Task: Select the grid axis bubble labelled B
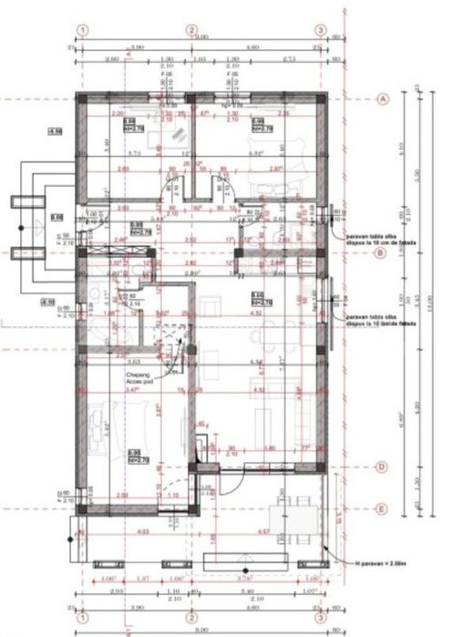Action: (x=383, y=254)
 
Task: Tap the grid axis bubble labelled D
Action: (x=383, y=468)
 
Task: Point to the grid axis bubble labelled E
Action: (x=383, y=509)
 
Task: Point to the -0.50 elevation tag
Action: (x=45, y=302)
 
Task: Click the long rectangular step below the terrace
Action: (x=264, y=557)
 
